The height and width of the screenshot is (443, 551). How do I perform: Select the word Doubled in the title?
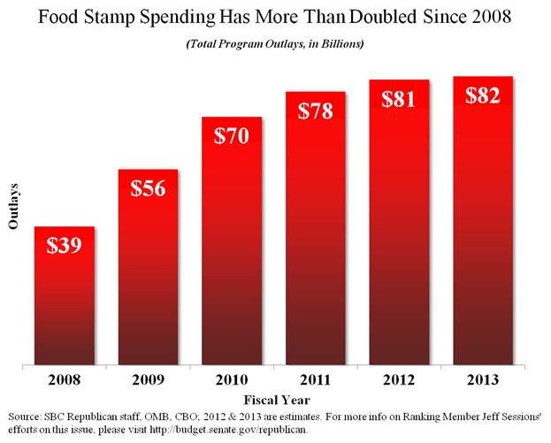point(377,17)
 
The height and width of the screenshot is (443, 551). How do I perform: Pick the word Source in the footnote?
point(24,416)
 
